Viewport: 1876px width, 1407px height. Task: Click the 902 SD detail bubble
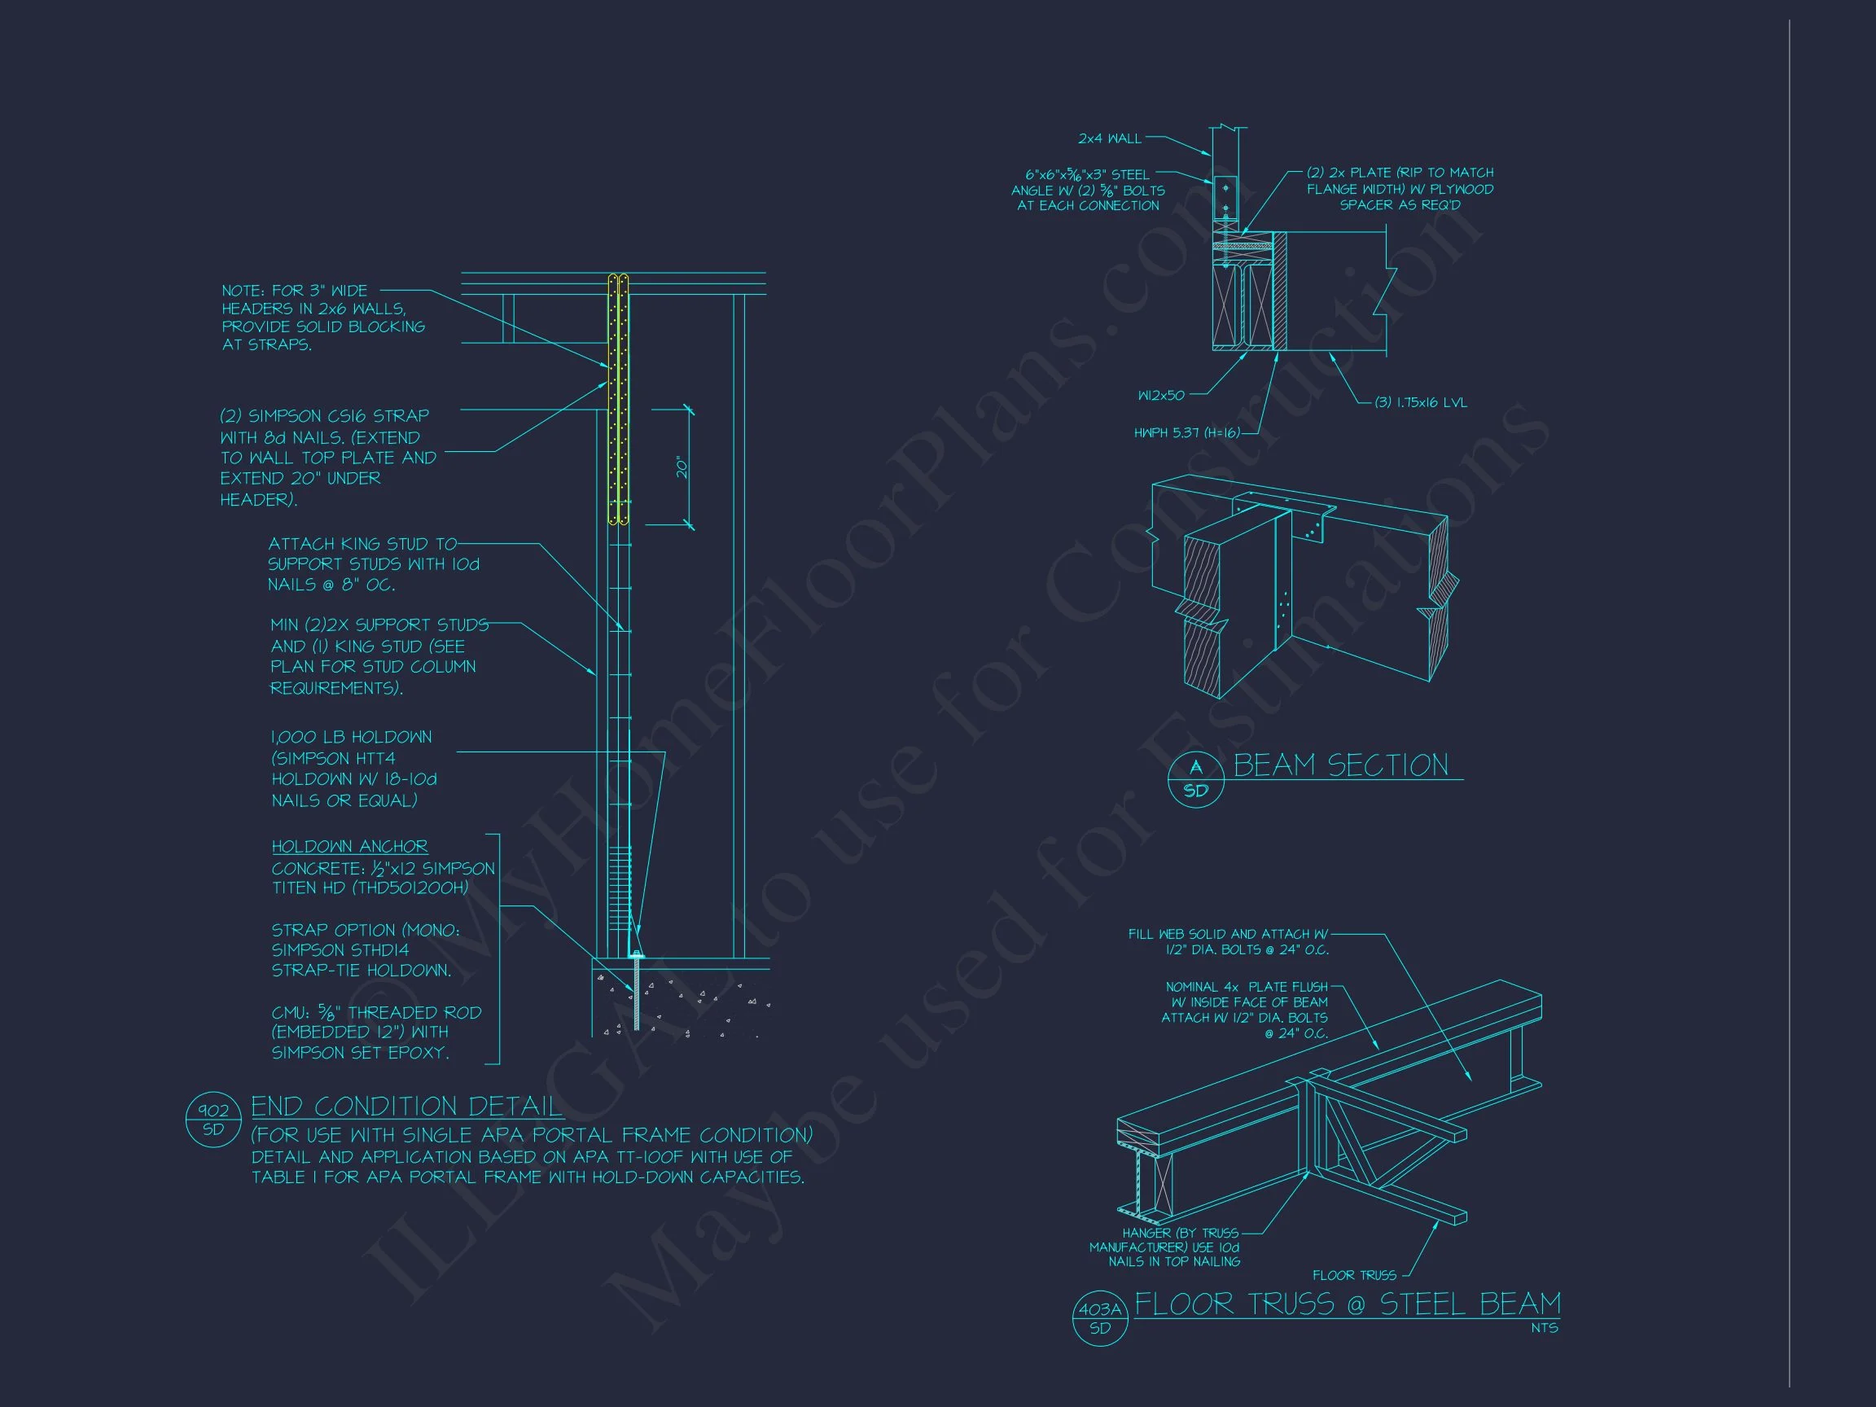click(213, 1120)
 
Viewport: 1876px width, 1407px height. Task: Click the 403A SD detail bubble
click(1100, 1319)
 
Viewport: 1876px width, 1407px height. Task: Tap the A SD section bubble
click(1196, 779)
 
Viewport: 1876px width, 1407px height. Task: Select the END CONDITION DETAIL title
click(406, 1106)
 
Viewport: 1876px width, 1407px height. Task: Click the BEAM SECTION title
click(1341, 765)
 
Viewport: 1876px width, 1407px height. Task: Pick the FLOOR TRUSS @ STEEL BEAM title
click(1348, 1304)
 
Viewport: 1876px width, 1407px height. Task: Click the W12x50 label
click(1161, 395)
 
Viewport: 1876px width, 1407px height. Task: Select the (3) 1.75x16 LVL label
click(1421, 402)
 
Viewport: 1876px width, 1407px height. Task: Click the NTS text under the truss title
click(1545, 1328)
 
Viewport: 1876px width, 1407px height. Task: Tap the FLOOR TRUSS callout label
click(1354, 1275)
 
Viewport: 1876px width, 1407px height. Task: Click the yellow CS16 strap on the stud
click(618, 399)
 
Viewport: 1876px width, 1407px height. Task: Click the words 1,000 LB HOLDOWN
click(351, 737)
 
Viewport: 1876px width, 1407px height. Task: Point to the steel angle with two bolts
click(1225, 198)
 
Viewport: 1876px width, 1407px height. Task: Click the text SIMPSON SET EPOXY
click(361, 1053)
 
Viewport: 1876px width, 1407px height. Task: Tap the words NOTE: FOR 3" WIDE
click(294, 290)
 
